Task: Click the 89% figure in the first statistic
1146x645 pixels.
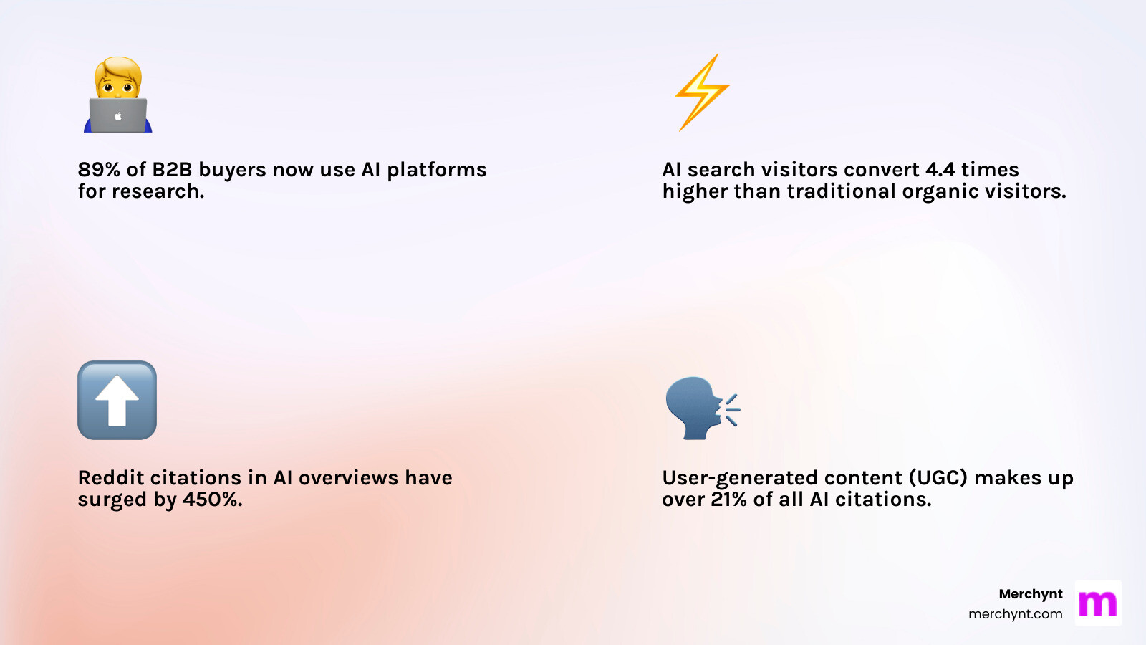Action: tap(99, 170)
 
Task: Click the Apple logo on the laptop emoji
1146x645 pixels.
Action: tap(118, 116)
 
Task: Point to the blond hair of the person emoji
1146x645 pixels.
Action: tap(118, 68)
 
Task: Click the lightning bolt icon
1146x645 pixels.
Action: tap(702, 92)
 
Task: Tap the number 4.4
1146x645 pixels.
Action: tap(940, 170)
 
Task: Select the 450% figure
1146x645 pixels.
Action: tap(212, 500)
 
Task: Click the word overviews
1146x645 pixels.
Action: tap(348, 478)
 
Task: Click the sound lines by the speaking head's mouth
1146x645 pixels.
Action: tap(731, 410)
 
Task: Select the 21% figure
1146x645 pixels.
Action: tap(729, 500)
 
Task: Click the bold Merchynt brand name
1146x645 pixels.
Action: tap(1030, 594)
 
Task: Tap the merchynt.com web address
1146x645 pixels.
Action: tap(1015, 614)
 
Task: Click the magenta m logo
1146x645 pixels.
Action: tap(1097, 603)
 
